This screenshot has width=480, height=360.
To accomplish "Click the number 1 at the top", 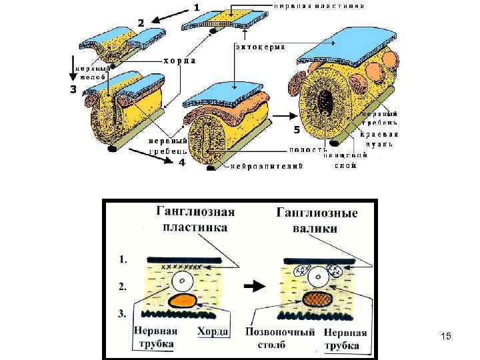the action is click(x=197, y=7).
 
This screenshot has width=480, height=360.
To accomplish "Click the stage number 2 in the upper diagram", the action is click(x=141, y=22).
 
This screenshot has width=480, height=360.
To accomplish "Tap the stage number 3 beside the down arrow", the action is click(x=73, y=90).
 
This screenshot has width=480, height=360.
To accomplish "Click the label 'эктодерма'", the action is click(x=261, y=47).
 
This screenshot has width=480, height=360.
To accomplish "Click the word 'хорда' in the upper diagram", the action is click(x=179, y=60).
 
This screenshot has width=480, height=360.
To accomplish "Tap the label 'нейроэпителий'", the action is click(x=267, y=167).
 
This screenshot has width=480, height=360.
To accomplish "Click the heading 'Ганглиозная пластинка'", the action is click(x=195, y=219).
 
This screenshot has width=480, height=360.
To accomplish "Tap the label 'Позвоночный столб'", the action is click(x=280, y=338).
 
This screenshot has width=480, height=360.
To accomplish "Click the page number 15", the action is click(x=446, y=337).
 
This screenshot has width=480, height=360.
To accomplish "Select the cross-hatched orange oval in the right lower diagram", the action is click(x=318, y=299).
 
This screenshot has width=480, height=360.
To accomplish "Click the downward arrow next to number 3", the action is click(x=73, y=73).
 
